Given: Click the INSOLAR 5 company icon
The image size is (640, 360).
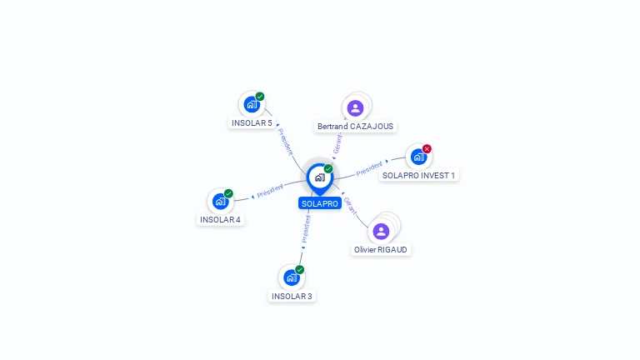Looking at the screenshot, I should point(252,105).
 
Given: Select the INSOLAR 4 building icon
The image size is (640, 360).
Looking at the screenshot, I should point(221,201).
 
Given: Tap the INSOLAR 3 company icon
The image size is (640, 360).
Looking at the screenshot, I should point(292,277).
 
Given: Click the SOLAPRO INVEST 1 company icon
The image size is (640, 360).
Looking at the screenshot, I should point(418,157).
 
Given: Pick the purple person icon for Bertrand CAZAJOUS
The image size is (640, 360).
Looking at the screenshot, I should point(356,107).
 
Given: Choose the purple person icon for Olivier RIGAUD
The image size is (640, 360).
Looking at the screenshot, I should point(381,231).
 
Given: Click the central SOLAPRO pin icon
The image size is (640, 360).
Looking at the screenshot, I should point(319,177).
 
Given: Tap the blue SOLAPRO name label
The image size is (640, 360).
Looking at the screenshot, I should point(320,203).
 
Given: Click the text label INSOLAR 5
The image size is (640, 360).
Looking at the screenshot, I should point(252,123).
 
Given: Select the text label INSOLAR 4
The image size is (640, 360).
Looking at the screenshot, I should point(221,220).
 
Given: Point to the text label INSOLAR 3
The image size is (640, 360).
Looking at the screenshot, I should point(292,296).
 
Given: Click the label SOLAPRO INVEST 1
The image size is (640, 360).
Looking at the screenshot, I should point(418,175).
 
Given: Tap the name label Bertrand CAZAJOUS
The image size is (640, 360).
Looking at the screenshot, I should point(356,127).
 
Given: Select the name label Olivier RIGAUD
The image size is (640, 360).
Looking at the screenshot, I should point(381,249).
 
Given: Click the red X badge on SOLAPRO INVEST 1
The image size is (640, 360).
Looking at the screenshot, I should point(427,149).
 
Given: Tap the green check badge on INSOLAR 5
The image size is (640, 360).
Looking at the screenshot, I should point(260,97).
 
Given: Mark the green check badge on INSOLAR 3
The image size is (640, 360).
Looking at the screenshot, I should point(300,269).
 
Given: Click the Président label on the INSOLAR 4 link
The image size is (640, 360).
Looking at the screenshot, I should point(271,190).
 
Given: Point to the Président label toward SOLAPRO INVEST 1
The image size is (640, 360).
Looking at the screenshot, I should point(369,169).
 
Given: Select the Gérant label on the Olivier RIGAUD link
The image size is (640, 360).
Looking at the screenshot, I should point(351,206).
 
